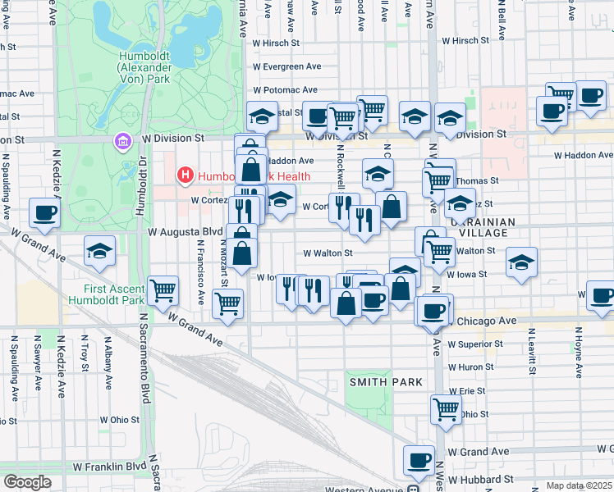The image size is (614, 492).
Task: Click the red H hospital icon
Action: coord(185,175)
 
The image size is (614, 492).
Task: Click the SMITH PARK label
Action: coord(386,382)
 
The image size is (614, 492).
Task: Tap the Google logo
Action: coord(28,481)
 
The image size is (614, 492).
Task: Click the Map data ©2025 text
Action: coord(580,485)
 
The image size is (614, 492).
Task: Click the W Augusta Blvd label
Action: coord(185,233)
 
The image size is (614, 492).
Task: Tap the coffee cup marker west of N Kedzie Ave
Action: coord(44,213)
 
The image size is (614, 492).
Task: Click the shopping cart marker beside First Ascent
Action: coord(163,289)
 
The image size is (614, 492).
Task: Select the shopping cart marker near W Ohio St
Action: coord(446,408)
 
